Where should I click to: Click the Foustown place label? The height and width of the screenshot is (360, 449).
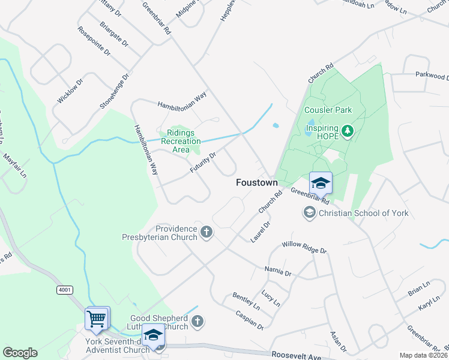point(256,182)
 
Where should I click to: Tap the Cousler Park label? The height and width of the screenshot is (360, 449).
point(328,110)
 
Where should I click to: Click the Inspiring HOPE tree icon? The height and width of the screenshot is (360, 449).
point(346,131)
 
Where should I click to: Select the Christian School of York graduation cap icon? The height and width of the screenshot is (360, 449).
point(309,212)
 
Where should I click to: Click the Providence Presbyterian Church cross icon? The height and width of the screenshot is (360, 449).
point(206,232)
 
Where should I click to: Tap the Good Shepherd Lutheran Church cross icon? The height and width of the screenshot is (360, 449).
point(197,322)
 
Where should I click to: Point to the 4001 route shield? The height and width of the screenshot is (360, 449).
point(65,290)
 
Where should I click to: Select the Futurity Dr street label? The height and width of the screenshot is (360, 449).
point(203,162)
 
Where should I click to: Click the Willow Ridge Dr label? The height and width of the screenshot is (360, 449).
point(304,247)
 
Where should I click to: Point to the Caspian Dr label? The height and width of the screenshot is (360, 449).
point(250,320)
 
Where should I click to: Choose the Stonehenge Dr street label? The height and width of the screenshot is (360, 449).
point(115,91)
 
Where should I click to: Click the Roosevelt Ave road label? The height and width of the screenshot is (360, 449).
point(297,355)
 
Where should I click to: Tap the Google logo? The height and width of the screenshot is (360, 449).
point(20,353)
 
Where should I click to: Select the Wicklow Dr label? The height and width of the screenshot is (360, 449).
point(70,90)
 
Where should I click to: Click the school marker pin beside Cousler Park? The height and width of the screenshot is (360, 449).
point(321,183)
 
